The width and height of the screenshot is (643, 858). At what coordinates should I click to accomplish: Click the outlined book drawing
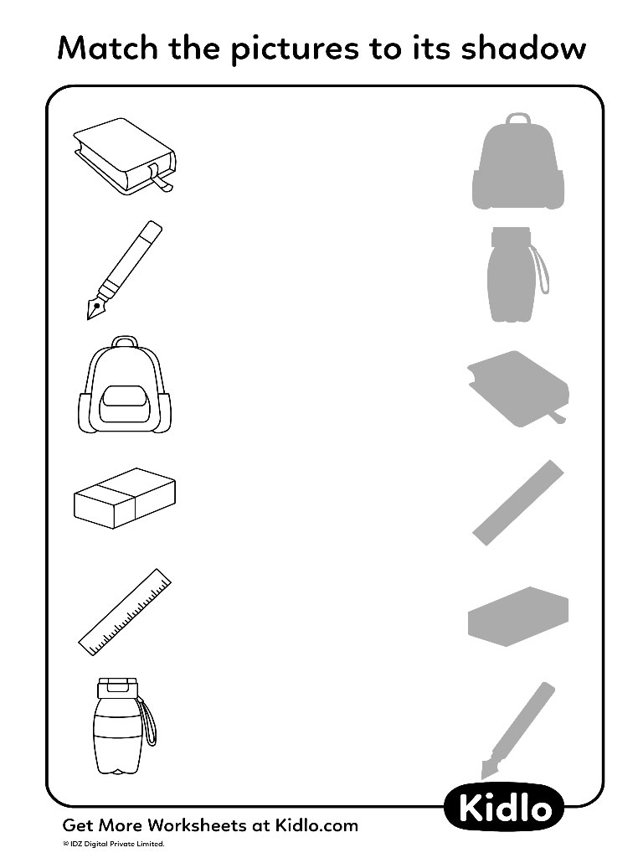(x=124, y=156)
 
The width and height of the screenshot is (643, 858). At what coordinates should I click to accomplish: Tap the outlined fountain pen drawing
(x=125, y=270)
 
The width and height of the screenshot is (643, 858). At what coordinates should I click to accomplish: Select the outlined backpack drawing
(x=125, y=385)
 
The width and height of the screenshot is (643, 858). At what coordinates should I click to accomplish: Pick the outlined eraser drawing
(x=125, y=498)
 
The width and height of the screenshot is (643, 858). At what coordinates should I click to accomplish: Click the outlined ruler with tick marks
(x=125, y=612)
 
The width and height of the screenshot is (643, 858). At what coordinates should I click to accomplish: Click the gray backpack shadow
(x=517, y=162)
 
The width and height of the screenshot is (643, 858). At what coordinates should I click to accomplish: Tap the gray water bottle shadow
(x=515, y=274)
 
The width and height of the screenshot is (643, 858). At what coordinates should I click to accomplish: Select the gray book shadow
(x=517, y=389)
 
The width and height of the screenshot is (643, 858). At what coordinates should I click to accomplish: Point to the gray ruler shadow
(x=517, y=503)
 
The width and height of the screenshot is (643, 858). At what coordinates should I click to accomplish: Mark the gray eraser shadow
(x=517, y=616)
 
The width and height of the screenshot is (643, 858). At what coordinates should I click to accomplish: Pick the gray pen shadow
(x=517, y=730)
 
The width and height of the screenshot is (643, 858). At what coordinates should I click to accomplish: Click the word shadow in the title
(x=523, y=48)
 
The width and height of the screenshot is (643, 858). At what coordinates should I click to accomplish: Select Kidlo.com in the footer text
(x=316, y=825)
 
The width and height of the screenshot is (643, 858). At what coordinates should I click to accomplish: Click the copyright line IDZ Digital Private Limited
(x=114, y=844)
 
